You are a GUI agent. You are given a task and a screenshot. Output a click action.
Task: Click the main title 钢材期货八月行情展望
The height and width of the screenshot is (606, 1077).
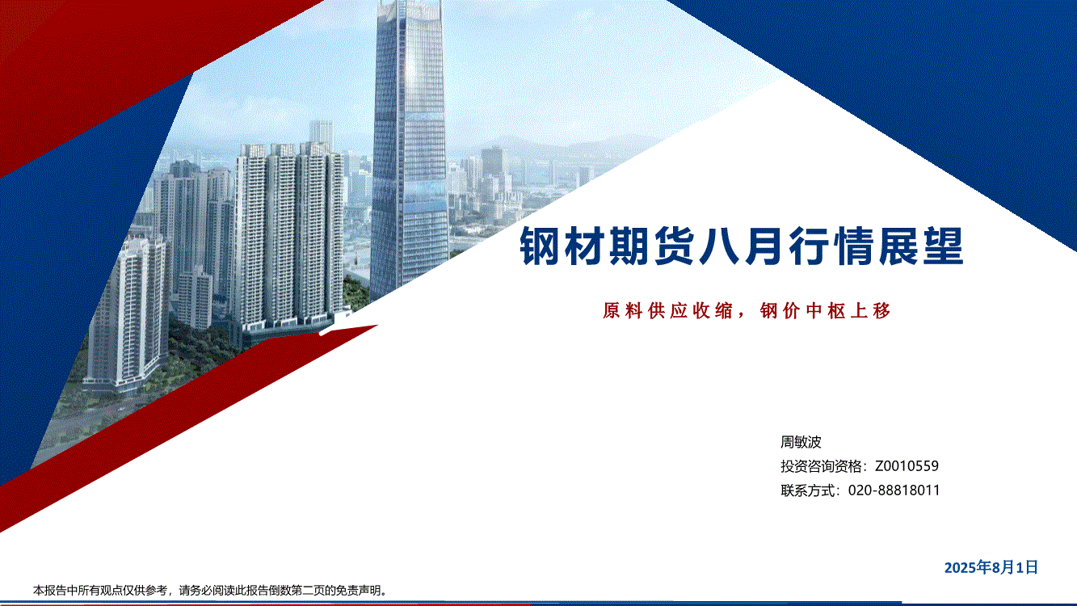pyautogui.click(x=742, y=246)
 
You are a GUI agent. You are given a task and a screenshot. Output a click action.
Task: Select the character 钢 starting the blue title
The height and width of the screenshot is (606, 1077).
pyautogui.click(x=540, y=246)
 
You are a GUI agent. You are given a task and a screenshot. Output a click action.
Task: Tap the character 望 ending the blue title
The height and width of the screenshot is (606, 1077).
pyautogui.click(x=944, y=246)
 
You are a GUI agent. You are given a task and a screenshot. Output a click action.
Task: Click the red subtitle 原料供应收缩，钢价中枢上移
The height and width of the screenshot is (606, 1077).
pyautogui.click(x=747, y=311)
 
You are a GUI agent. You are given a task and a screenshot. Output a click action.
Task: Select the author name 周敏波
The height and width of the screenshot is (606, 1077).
pyautogui.click(x=801, y=441)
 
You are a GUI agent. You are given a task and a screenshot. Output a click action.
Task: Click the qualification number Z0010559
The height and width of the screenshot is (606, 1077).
pyautogui.click(x=907, y=465)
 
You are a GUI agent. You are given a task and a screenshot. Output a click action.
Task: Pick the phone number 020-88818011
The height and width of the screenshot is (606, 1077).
pyautogui.click(x=894, y=490)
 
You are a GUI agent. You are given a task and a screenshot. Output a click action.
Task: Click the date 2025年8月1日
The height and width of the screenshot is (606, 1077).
pyautogui.click(x=991, y=567)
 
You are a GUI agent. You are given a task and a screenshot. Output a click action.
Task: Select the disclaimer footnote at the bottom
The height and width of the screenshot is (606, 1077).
pyautogui.click(x=210, y=590)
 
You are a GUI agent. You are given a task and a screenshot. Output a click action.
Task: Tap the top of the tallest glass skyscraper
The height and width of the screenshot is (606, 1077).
pyautogui.click(x=409, y=3)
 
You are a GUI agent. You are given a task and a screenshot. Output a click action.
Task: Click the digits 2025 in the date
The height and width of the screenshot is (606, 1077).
pyautogui.click(x=960, y=567)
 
